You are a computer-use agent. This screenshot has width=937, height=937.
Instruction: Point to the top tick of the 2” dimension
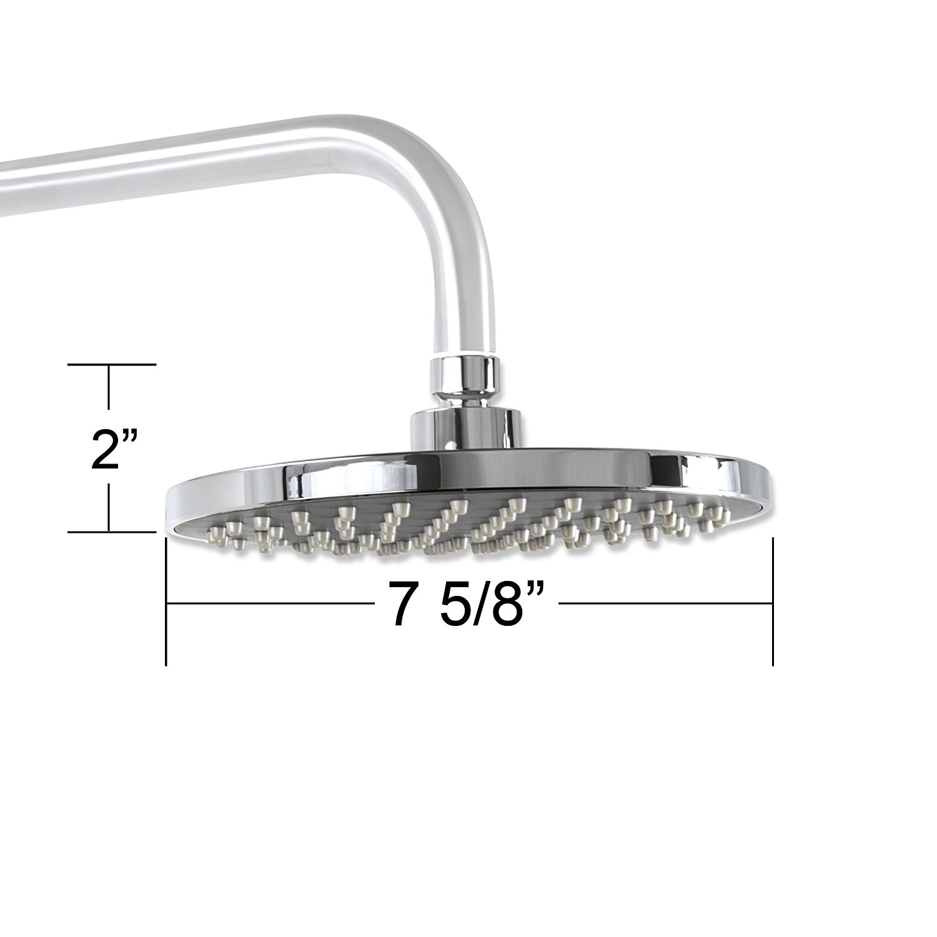point(111,364)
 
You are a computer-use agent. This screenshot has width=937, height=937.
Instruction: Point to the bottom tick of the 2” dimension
point(111,532)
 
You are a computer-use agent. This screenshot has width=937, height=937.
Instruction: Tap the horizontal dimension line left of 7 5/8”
point(269,603)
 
